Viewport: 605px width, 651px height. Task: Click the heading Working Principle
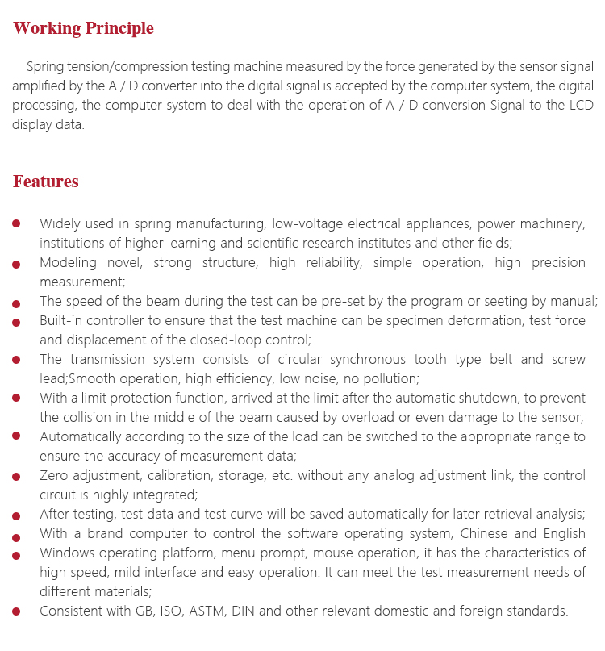pos(83,29)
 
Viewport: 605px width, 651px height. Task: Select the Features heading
pos(45,182)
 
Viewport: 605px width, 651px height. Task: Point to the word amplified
pos(38,86)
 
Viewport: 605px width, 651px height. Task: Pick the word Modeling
pos(68,262)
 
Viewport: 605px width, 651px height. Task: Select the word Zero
pos(54,476)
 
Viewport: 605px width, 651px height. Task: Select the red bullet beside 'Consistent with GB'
pos(17,612)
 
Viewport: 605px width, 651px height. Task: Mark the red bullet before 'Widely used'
pos(17,223)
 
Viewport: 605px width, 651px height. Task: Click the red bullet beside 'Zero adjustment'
pos(17,477)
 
